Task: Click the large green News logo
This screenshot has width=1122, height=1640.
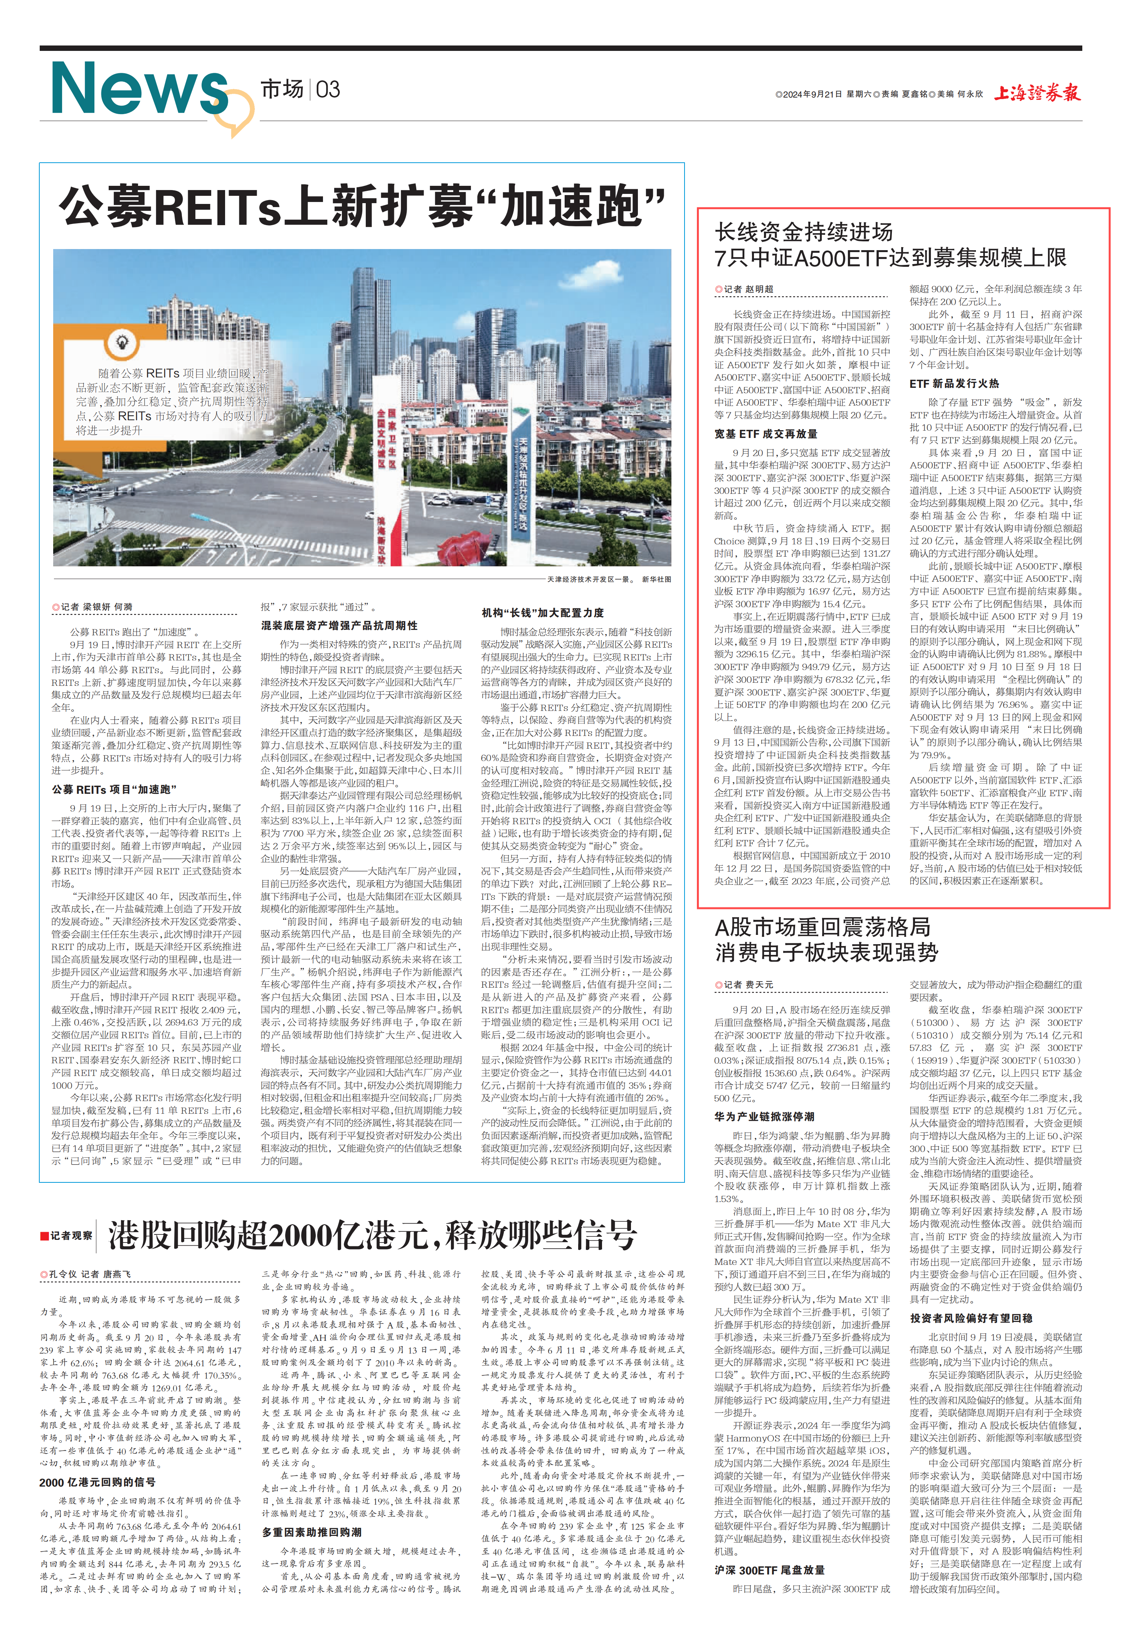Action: (140, 89)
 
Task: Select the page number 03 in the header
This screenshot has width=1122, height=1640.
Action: (328, 89)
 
